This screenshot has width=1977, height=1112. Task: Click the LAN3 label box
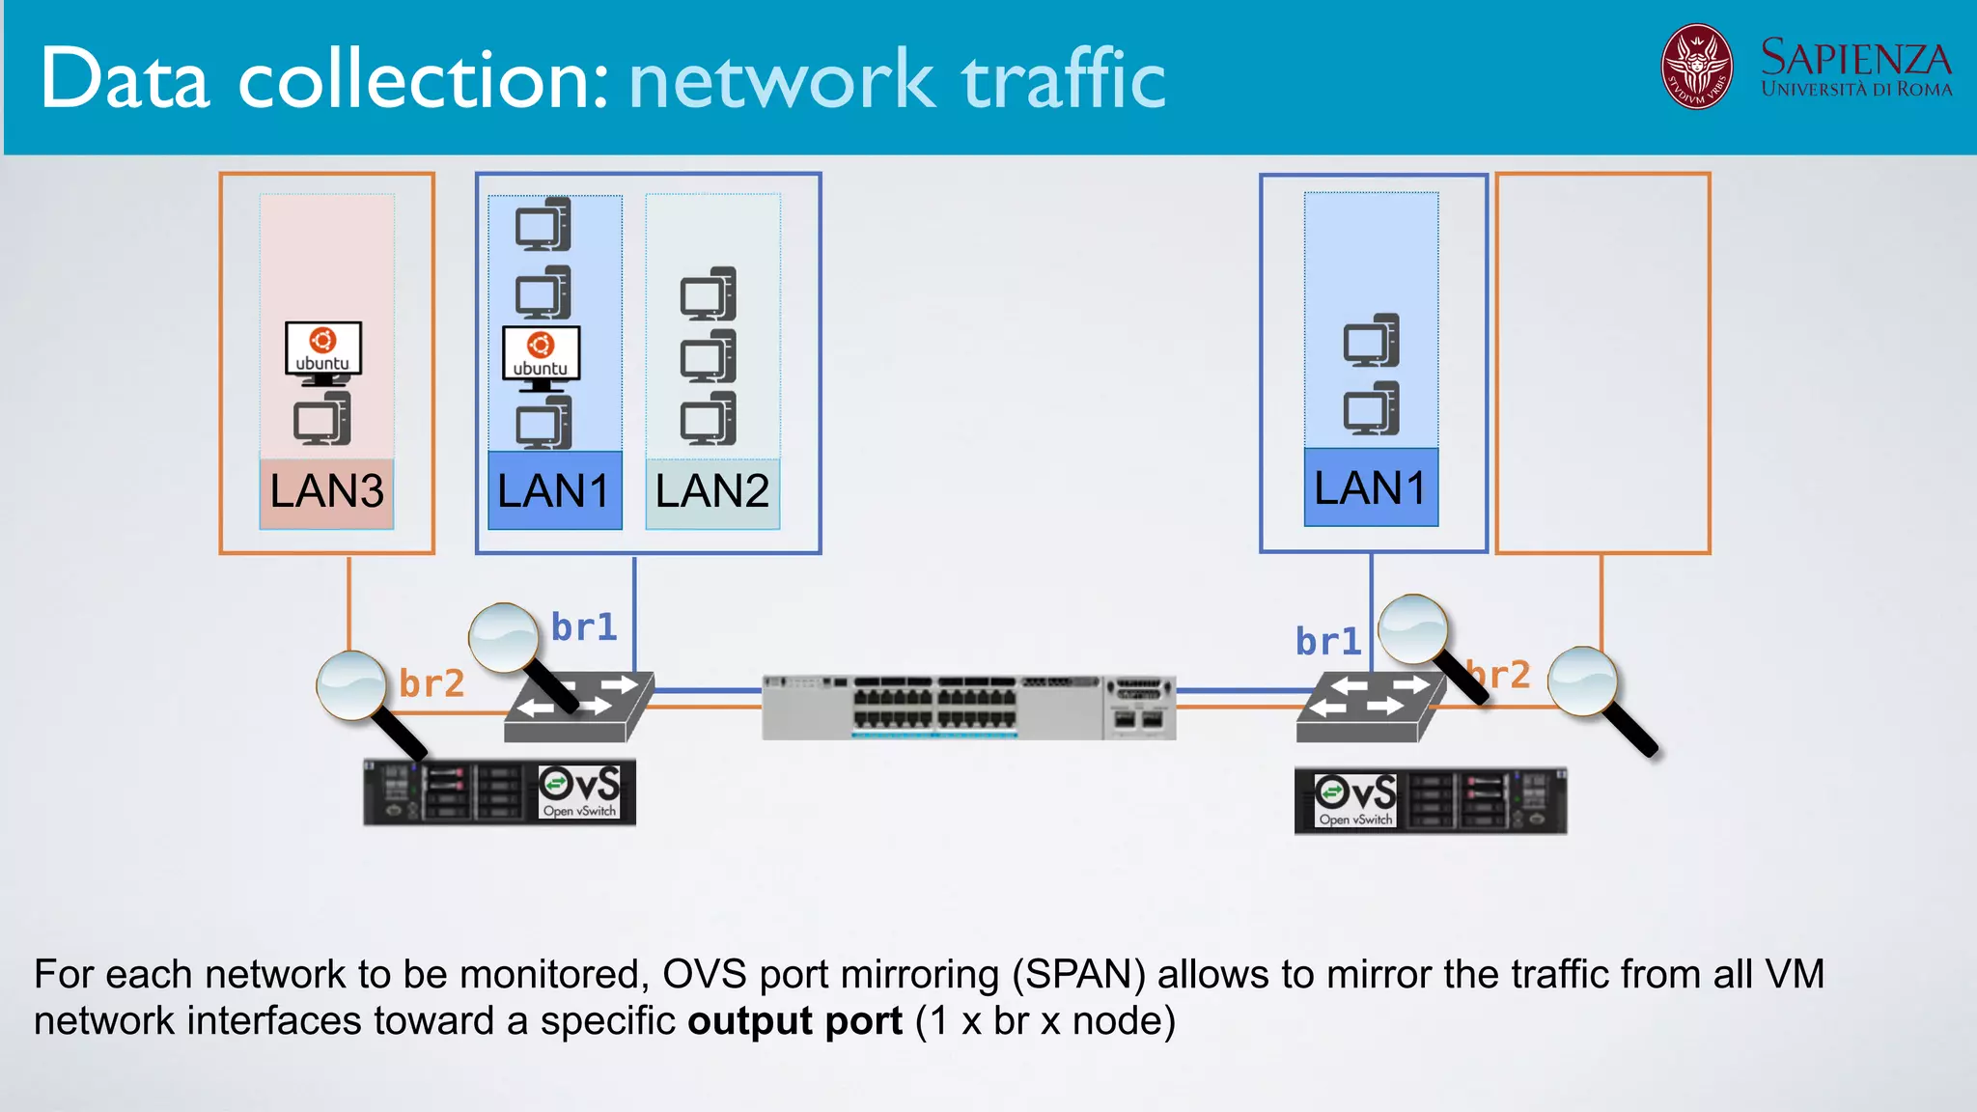(326, 492)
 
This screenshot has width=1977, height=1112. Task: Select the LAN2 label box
(712, 492)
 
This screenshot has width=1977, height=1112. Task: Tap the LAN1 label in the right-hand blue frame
(1371, 488)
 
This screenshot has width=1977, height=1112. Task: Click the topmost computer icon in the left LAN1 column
(543, 224)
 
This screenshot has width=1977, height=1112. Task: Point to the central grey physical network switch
(968, 708)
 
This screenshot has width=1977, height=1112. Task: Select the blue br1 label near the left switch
(584, 627)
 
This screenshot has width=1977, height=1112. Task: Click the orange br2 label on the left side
(432, 683)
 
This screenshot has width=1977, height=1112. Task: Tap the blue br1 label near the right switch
(1327, 642)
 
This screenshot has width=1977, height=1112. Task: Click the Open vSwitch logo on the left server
(579, 792)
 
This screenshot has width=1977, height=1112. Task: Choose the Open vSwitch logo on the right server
(1355, 800)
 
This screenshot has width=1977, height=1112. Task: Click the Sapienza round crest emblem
(1696, 67)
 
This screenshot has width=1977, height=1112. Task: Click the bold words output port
(794, 1021)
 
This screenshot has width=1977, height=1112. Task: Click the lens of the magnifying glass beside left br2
(351, 684)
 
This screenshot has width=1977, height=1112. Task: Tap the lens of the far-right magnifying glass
(1582, 681)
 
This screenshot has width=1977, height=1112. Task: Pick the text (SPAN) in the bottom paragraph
(1078, 975)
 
